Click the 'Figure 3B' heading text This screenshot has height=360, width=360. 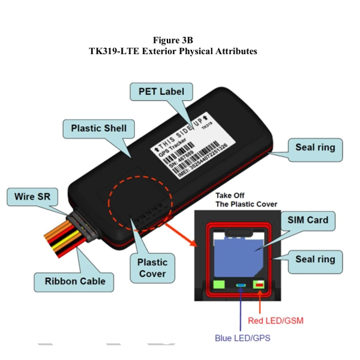pos(173,40)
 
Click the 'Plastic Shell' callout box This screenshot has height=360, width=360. pos(98,128)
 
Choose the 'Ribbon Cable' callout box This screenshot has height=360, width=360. pos(75,280)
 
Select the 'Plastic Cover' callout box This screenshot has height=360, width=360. pos(152,269)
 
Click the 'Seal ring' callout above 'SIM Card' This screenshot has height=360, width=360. pos(315,147)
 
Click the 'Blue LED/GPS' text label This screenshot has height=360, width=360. pos(242,338)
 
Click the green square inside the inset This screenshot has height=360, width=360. pos(219,285)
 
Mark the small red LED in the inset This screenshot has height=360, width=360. pos(259,286)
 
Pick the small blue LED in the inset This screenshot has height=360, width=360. pos(241,286)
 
